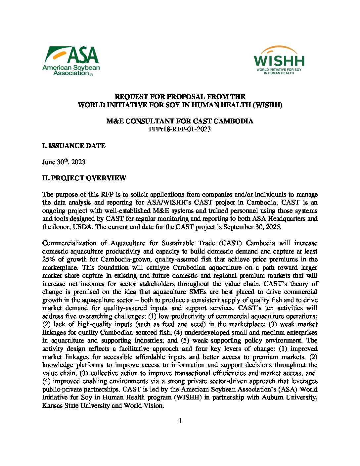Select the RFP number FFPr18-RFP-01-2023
point(180,129)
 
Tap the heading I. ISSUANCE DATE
point(74,146)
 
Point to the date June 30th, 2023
point(64,162)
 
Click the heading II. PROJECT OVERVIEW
point(84,178)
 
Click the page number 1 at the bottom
point(180,421)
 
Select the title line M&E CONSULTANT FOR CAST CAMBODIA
point(180,121)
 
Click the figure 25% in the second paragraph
point(49,259)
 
